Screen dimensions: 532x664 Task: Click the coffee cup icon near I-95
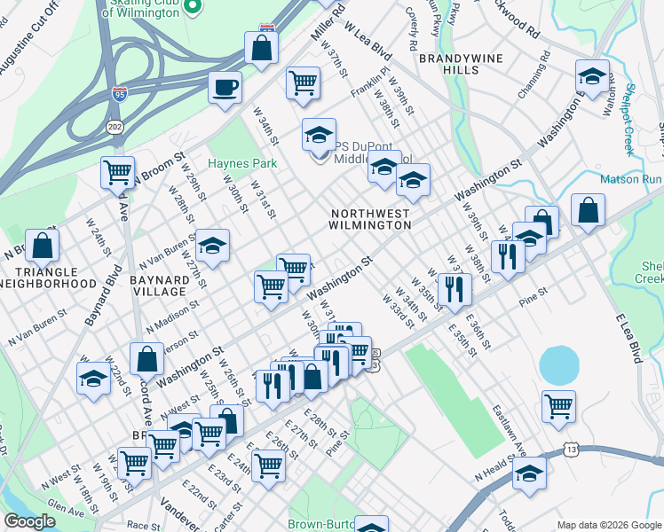225,88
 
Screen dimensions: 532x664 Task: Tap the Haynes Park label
242,163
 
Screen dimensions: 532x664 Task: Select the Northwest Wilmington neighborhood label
371,219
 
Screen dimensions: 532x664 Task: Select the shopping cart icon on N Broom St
117,172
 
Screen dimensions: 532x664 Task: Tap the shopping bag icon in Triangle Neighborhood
42,245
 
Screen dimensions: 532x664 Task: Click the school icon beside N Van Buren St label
212,246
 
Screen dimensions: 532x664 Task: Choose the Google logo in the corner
29,521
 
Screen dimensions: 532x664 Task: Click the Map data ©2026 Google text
607,525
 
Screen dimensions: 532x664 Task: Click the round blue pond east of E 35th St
557,362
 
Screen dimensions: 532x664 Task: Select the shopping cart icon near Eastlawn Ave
559,407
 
